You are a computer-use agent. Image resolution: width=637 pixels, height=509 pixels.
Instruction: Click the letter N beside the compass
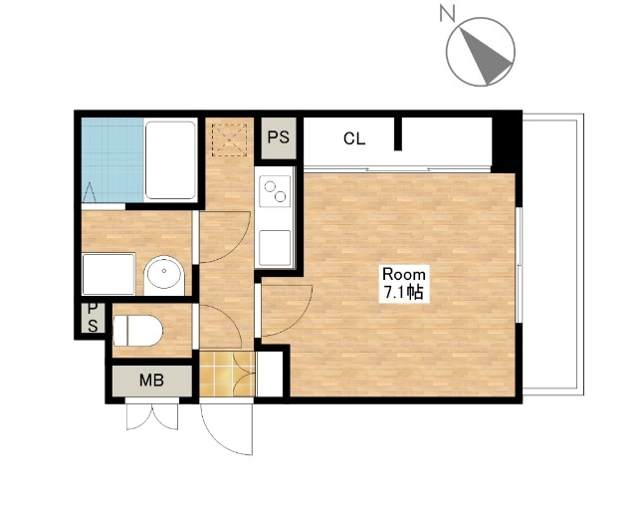click(447, 13)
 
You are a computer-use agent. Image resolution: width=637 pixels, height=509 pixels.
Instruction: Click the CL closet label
click(354, 138)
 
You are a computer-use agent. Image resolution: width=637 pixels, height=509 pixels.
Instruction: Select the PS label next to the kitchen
click(279, 137)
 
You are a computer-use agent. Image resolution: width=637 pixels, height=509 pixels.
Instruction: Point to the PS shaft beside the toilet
click(93, 318)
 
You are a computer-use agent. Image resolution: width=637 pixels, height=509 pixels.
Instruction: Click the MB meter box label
click(151, 381)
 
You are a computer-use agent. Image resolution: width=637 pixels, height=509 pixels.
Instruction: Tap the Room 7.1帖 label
click(404, 283)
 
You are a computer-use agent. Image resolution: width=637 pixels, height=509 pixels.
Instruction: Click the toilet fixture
click(137, 330)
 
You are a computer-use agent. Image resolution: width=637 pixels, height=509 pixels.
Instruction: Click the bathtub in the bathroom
click(170, 160)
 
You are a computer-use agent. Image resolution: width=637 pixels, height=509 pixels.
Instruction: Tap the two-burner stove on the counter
click(275, 191)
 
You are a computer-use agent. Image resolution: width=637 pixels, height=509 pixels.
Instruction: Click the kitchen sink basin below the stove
click(275, 248)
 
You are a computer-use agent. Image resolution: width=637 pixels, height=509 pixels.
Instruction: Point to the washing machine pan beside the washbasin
click(108, 274)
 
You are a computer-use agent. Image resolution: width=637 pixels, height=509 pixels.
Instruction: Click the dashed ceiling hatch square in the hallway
click(229, 139)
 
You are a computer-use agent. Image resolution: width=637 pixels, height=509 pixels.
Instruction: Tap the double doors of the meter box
click(152, 416)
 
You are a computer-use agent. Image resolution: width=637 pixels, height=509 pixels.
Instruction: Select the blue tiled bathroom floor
click(112, 160)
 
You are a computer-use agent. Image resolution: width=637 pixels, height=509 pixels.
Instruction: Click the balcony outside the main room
click(552, 255)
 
